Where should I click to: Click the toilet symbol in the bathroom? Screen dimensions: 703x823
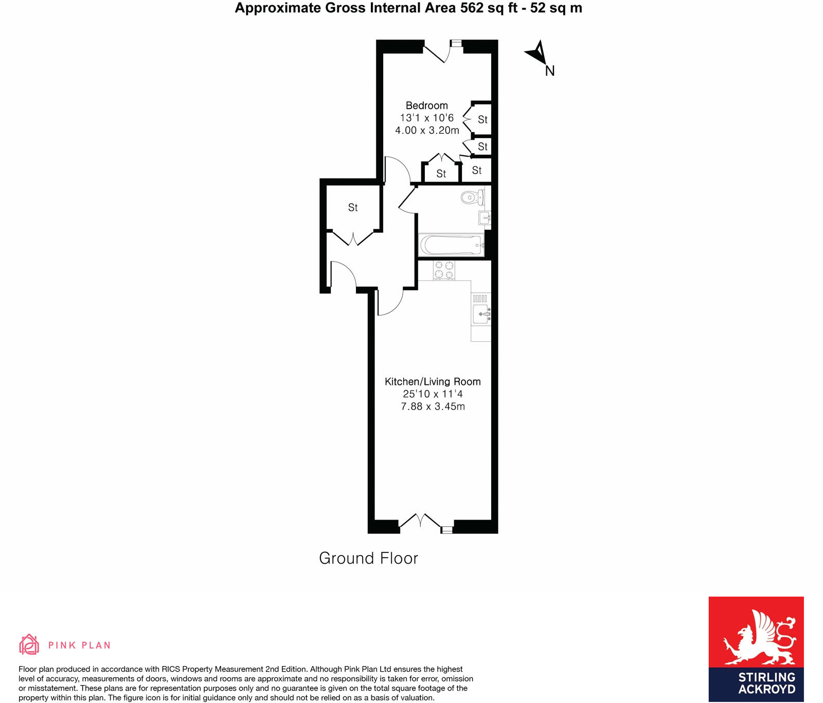(x=472, y=197)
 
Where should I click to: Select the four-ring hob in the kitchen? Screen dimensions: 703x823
(x=444, y=270)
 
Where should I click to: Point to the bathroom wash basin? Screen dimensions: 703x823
(x=485, y=218)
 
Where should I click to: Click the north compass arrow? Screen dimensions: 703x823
(x=537, y=52)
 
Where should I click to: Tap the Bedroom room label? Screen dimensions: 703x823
(x=426, y=106)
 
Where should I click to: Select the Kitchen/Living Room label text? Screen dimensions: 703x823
(x=433, y=382)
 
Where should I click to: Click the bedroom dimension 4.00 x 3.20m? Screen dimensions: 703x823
(x=427, y=131)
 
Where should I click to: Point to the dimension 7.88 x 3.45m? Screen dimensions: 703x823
(x=433, y=406)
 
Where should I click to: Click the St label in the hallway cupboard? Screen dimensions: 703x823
(x=353, y=208)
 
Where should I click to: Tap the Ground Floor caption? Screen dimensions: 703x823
(x=368, y=559)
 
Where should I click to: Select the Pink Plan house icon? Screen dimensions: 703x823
(x=29, y=644)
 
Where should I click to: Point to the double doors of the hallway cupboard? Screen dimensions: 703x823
(x=353, y=239)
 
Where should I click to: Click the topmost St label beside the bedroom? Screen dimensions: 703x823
(x=482, y=120)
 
